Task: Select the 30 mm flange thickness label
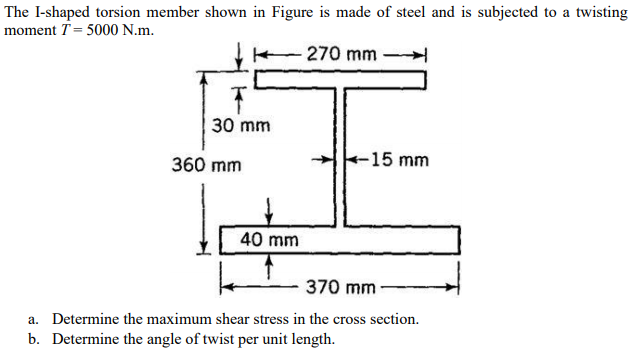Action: point(240,126)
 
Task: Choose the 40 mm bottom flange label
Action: point(269,240)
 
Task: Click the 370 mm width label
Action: point(339,288)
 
